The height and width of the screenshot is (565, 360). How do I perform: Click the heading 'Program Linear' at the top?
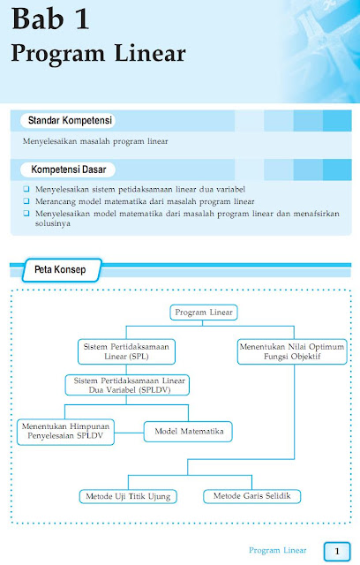coord(98,54)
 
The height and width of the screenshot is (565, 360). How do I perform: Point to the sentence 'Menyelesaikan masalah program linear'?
coord(95,141)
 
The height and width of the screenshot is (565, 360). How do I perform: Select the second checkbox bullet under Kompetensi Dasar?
coord(27,201)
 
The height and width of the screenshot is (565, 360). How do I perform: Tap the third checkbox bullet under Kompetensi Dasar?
coord(27,213)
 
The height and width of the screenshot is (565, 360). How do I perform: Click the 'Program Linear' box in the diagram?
coord(204,313)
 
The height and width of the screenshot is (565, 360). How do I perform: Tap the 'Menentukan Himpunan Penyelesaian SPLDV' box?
coord(66,431)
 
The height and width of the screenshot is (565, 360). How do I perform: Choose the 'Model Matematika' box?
coord(188,431)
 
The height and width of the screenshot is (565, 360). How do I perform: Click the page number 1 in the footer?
coord(336,550)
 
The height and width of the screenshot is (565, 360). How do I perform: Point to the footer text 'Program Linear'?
coord(277,550)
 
